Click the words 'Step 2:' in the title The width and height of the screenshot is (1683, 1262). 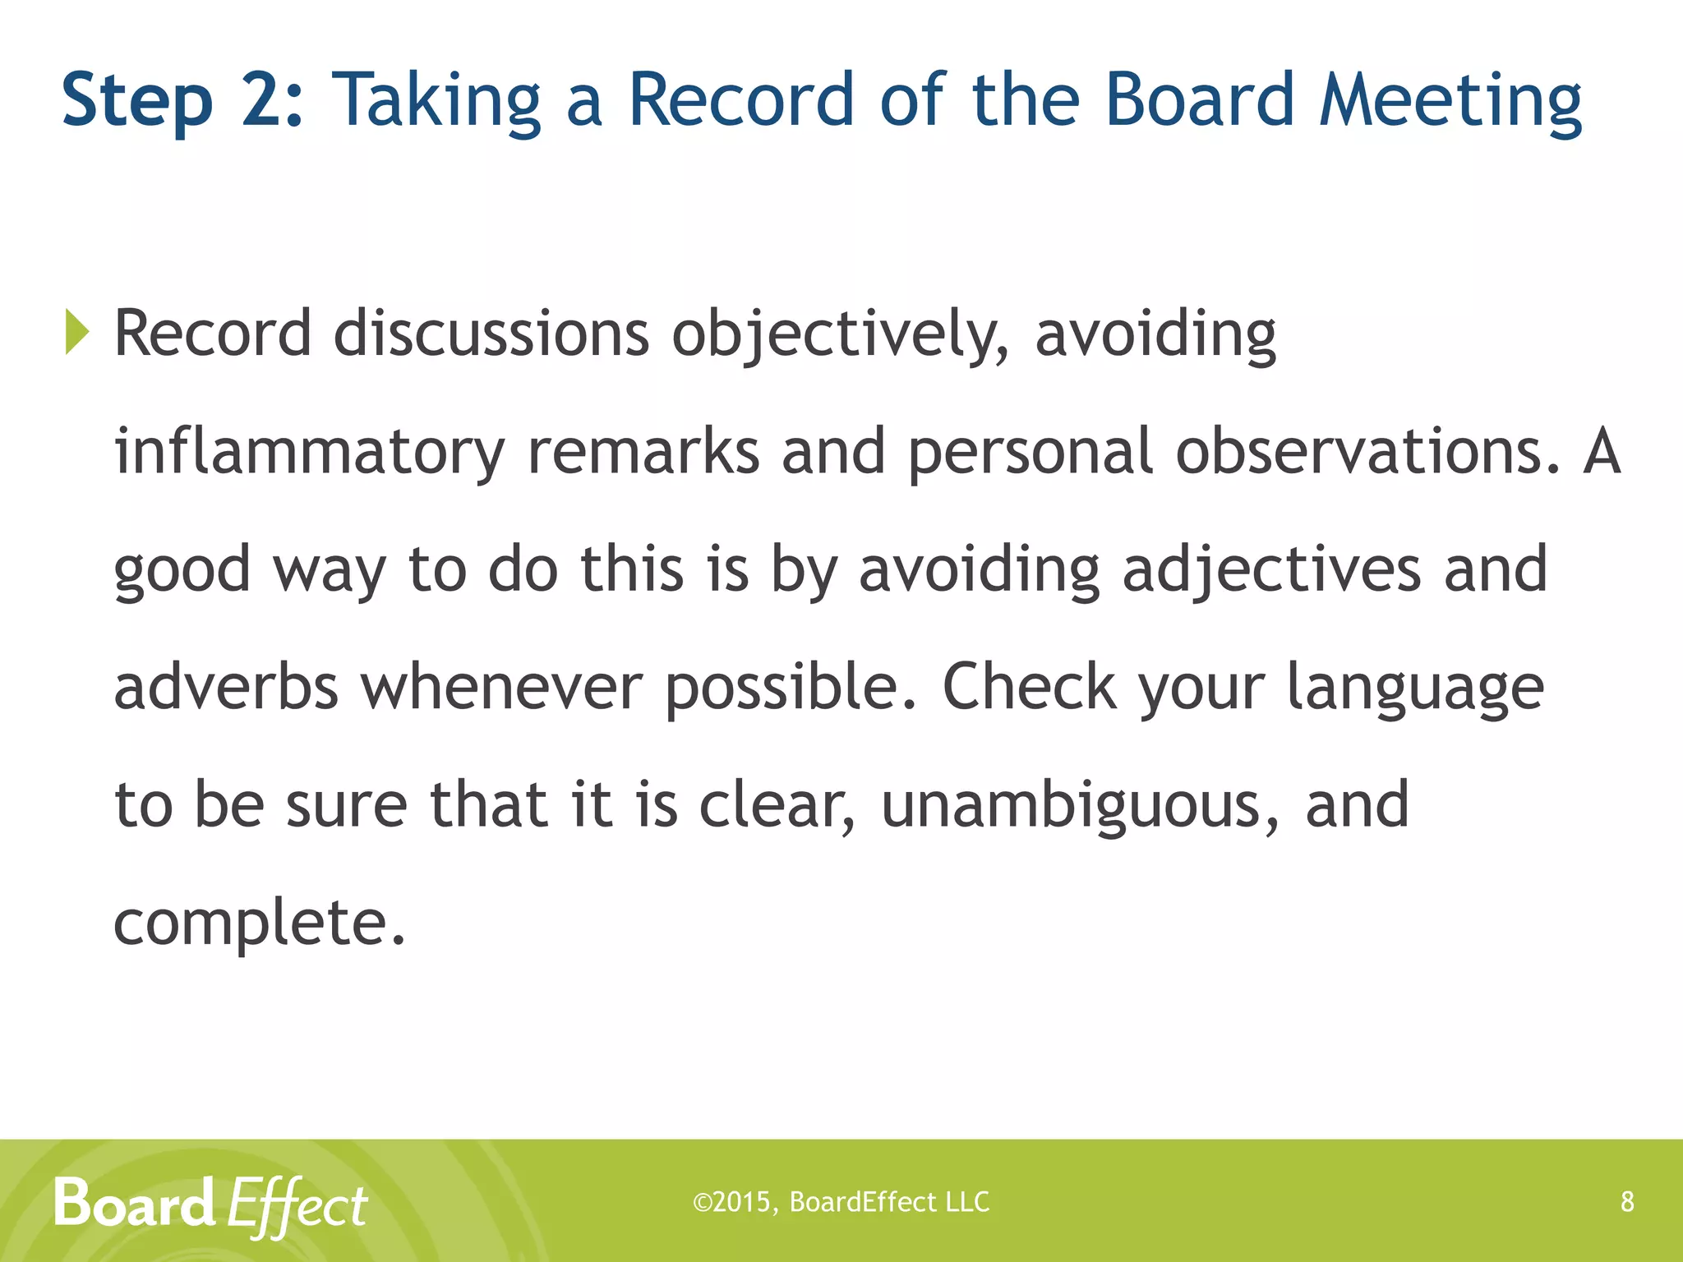coord(182,101)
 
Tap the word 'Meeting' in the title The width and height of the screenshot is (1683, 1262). coord(1450,101)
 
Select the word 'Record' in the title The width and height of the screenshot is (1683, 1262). coord(741,99)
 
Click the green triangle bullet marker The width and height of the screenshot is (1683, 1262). coord(76,333)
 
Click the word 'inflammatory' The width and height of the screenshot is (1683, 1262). coord(309,452)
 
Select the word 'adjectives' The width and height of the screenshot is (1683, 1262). coord(1271,569)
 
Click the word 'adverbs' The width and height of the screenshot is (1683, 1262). coord(226,687)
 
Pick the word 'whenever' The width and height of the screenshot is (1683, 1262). coord(501,687)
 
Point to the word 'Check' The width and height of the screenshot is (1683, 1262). coord(1029,687)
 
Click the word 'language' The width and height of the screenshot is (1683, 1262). coord(1415,689)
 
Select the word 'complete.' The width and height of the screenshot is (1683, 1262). coord(260,923)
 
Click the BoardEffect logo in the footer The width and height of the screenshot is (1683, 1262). coord(210,1204)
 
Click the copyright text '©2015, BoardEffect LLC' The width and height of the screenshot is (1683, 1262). coord(841,1202)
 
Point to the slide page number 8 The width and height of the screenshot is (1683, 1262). coord(1627,1202)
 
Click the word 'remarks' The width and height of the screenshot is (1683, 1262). coord(643,452)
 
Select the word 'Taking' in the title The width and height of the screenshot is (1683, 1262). coord(436,101)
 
